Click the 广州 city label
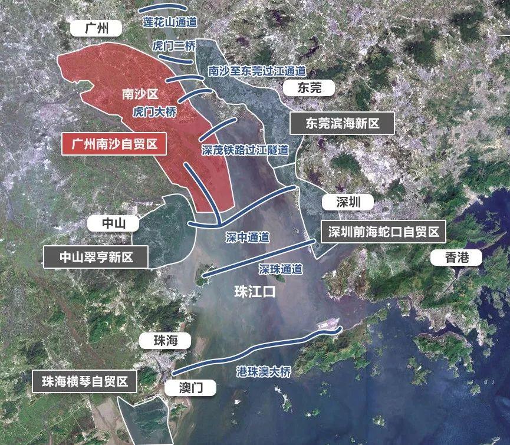click(x=95, y=28)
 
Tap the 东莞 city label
click(x=309, y=88)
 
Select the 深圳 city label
click(x=348, y=202)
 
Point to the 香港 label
click(x=456, y=257)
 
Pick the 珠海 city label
click(x=164, y=341)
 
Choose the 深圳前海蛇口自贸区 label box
click(x=384, y=232)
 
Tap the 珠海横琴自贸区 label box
click(x=85, y=381)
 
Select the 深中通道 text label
click(x=248, y=238)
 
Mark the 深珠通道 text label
click(x=281, y=269)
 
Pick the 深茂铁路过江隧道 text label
click(x=245, y=150)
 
